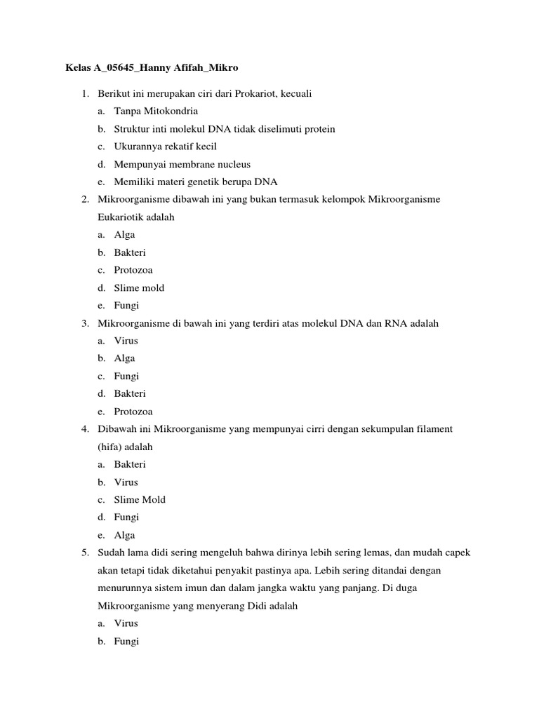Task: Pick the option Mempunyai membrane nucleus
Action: (182, 164)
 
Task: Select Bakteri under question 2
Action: (130, 252)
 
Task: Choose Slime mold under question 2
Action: (139, 287)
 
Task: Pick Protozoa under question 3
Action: (133, 412)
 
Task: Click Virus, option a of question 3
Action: (126, 341)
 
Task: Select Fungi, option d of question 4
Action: (127, 517)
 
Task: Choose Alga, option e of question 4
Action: (125, 535)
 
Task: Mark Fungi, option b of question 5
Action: (127, 641)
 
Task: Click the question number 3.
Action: (84, 323)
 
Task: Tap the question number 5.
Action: (84, 553)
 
